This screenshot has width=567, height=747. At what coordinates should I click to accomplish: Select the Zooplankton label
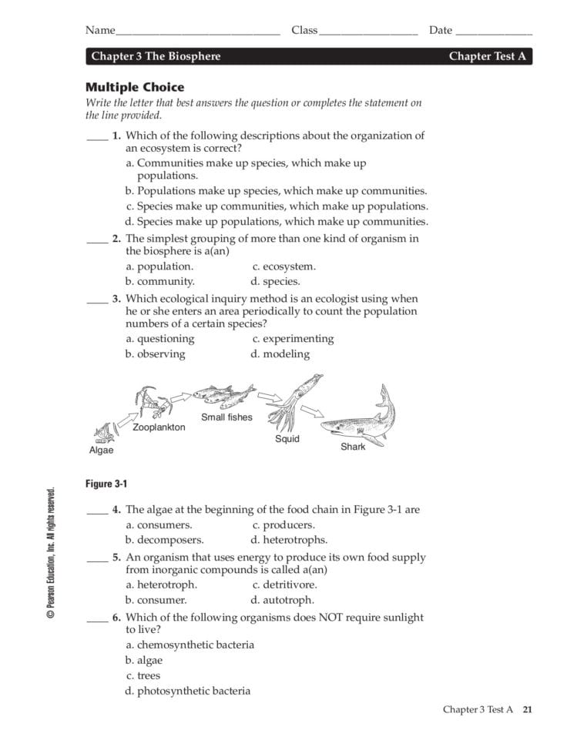(x=159, y=427)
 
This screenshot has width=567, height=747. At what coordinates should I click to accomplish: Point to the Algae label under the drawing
(x=100, y=450)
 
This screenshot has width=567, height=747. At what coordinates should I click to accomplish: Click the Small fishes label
(x=226, y=417)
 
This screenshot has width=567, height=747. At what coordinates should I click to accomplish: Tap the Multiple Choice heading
(x=135, y=87)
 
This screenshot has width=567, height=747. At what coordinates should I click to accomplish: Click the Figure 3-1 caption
(x=106, y=484)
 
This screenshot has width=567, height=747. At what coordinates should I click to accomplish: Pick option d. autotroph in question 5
(x=282, y=600)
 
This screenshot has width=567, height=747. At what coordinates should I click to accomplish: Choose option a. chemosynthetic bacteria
(x=190, y=645)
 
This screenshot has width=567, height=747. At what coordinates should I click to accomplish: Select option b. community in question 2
(x=159, y=281)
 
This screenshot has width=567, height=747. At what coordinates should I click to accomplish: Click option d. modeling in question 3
(x=280, y=354)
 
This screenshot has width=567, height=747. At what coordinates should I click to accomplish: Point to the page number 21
(x=527, y=709)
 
